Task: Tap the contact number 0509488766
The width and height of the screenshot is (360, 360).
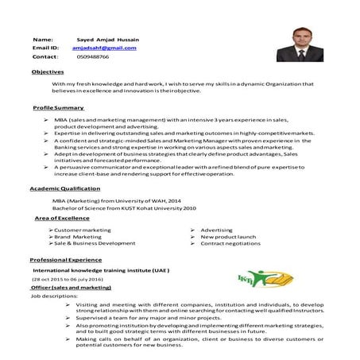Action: click(93, 57)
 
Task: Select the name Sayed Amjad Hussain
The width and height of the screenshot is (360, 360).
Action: click(106, 38)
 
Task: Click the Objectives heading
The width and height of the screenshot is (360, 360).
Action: click(48, 72)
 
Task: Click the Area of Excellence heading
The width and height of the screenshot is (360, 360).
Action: click(62, 217)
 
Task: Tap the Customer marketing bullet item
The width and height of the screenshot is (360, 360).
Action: click(82, 229)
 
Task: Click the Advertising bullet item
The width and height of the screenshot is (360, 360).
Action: click(216, 229)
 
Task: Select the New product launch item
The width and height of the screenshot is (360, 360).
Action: click(228, 236)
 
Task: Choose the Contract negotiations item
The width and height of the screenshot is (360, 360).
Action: click(230, 243)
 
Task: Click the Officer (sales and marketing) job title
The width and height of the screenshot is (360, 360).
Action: click(72, 288)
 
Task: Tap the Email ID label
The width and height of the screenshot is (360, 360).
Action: click(46, 48)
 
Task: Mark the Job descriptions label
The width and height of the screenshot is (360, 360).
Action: click(54, 296)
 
